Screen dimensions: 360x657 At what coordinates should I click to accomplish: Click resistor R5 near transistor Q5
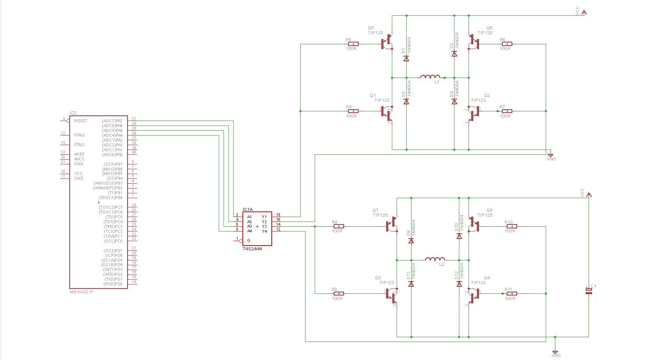tap(353, 44)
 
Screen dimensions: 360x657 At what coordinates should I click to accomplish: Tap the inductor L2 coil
tap(435, 260)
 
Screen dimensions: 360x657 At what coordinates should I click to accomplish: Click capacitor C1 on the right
tap(589, 291)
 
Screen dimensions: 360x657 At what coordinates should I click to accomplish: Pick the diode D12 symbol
tap(459, 284)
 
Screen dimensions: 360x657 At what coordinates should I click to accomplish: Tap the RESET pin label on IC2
tap(81, 121)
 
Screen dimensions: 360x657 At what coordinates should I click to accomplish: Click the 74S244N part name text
tap(252, 249)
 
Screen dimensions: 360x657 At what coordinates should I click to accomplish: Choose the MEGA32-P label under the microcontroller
tap(81, 292)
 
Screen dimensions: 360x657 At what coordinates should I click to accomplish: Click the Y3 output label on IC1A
tap(264, 226)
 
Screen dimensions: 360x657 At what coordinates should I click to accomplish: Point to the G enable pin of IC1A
tap(249, 240)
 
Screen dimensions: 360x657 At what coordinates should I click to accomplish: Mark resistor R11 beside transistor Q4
tap(511, 293)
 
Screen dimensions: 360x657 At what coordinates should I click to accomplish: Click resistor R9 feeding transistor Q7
tap(338, 226)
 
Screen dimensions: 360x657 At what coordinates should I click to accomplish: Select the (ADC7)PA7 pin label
tap(112, 121)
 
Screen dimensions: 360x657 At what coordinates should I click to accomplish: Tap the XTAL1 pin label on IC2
tap(79, 145)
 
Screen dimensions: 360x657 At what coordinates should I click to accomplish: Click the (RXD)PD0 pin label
tap(113, 284)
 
